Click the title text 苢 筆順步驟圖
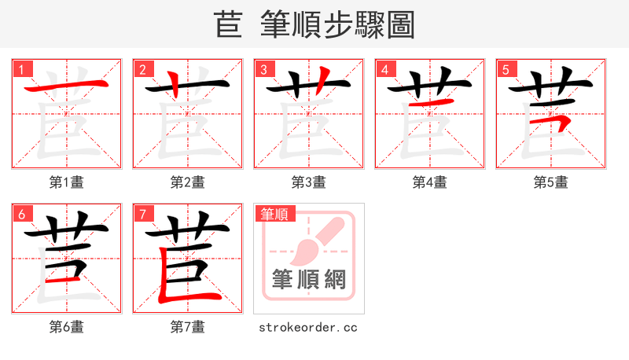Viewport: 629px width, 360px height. pyautogui.click(x=314, y=24)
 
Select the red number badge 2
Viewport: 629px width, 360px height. pyautogui.click(x=142, y=70)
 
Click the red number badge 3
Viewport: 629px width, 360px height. pyautogui.click(x=263, y=70)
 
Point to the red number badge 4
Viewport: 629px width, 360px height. pyautogui.click(x=384, y=70)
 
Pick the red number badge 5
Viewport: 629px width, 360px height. pyautogui.click(x=506, y=70)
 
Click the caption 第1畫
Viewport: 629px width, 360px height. pyautogui.click(x=67, y=182)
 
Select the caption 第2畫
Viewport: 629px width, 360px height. pyautogui.click(x=188, y=182)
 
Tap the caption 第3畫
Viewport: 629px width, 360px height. pyautogui.click(x=309, y=182)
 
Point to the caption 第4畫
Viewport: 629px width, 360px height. pyautogui.click(x=430, y=182)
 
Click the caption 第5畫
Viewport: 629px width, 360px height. pyautogui.click(x=551, y=182)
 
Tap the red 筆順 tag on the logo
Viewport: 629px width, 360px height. pyautogui.click(x=274, y=214)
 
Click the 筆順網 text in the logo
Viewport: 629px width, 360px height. pyautogui.click(x=309, y=279)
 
